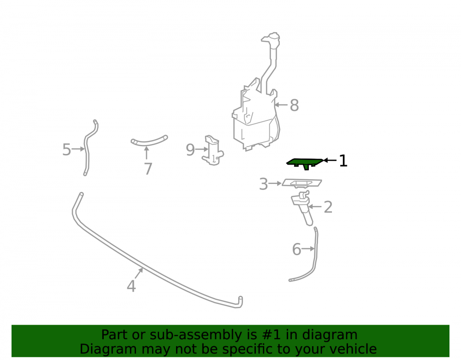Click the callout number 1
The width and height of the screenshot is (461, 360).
(343, 161)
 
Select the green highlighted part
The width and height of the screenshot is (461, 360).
(305, 163)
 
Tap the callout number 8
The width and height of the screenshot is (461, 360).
(294, 105)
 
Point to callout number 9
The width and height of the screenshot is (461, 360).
(190, 150)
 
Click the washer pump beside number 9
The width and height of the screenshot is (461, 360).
(213, 150)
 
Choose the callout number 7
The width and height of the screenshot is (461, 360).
(148, 169)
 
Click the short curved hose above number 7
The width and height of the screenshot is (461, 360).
(149, 142)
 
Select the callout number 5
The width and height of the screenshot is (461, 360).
(67, 150)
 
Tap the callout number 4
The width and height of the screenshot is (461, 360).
(131, 286)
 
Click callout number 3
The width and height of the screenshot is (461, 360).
(263, 184)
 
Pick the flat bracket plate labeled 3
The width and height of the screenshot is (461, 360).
(302, 183)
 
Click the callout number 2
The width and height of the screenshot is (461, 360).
(328, 207)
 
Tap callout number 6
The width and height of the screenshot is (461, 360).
(296, 249)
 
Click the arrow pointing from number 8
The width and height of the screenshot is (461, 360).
(281, 105)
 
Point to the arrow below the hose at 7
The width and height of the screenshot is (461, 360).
(147, 153)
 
